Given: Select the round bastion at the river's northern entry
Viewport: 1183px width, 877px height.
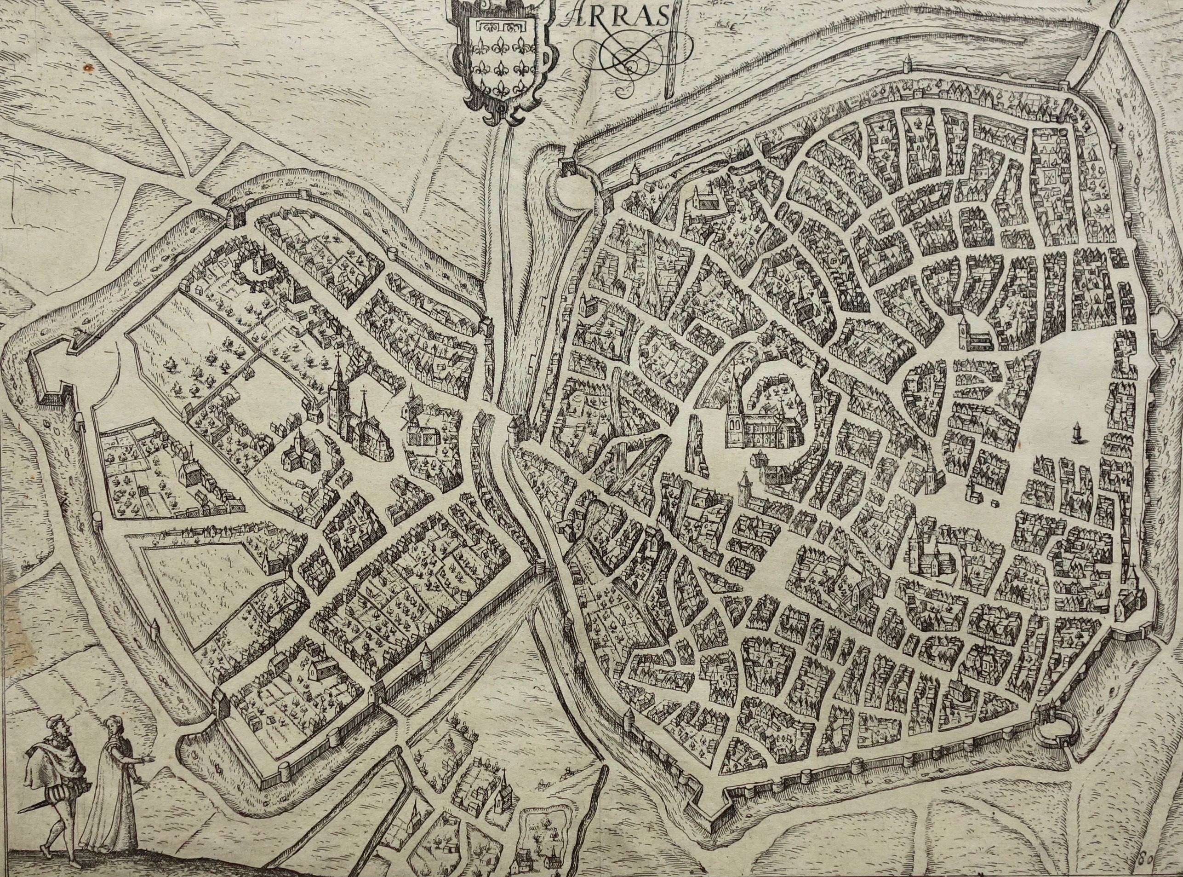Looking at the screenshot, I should click(x=575, y=187).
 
